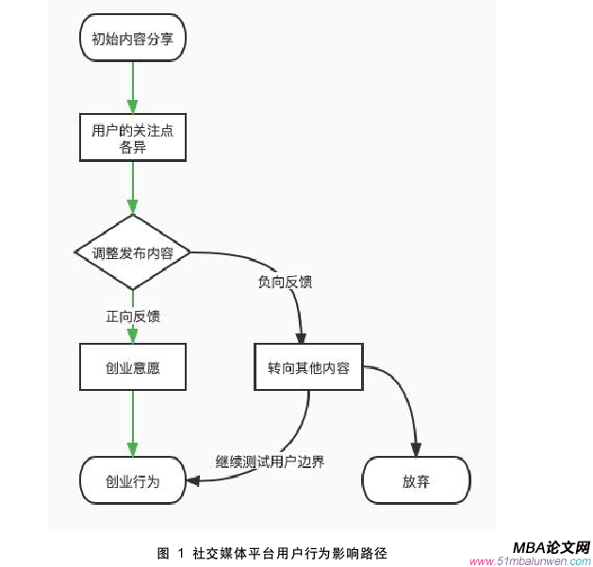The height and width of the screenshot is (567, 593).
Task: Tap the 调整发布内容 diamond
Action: click(133, 252)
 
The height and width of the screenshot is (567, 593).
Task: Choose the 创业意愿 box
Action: click(133, 367)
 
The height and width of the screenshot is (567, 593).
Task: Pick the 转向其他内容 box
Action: click(308, 367)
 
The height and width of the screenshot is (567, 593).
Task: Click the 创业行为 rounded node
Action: click(133, 480)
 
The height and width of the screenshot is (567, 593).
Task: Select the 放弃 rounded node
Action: click(416, 480)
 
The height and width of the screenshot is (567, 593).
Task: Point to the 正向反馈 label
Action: click(133, 316)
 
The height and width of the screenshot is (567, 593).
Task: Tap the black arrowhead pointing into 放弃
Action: click(416, 449)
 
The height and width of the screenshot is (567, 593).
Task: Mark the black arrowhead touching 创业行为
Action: click(193, 481)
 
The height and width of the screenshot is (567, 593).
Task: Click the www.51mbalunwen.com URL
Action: click(542, 560)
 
